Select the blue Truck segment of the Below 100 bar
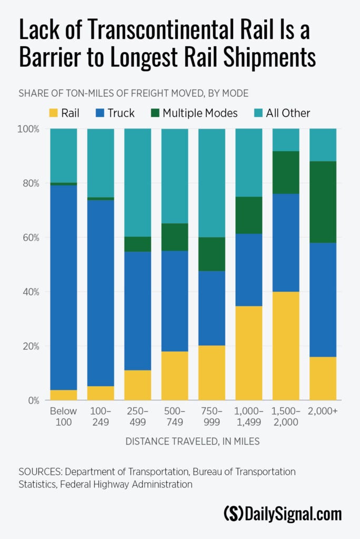click(x=64, y=287)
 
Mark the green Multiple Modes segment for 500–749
click(x=175, y=237)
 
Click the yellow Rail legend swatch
click(x=53, y=113)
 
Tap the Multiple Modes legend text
click(x=200, y=113)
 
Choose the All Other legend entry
click(x=288, y=113)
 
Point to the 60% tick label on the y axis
click(x=29, y=237)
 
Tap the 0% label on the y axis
click(x=32, y=401)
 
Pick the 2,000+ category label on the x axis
click(x=323, y=411)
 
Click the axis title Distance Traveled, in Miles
click(x=192, y=442)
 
